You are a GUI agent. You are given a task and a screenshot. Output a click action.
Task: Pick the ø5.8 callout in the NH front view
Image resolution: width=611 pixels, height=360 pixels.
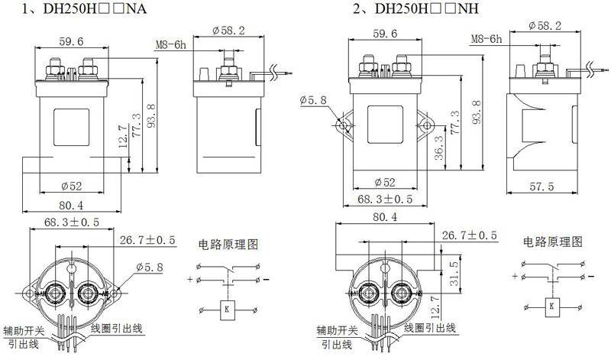(315, 100)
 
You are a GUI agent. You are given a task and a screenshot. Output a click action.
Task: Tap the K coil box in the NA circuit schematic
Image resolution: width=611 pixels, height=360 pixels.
(228, 308)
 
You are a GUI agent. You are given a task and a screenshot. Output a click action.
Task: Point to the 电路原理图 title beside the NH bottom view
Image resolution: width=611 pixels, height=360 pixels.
(553, 242)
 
